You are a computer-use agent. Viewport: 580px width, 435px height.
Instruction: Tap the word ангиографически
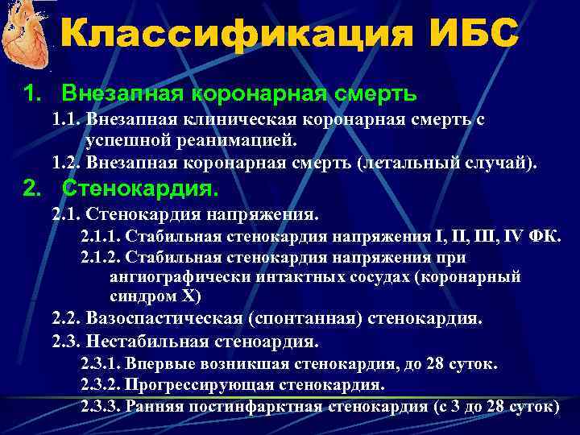(164, 276)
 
